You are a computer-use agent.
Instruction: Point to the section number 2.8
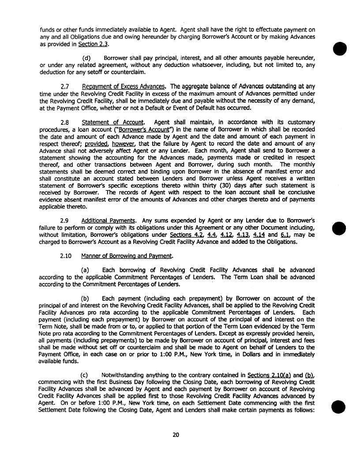[66, 122]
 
